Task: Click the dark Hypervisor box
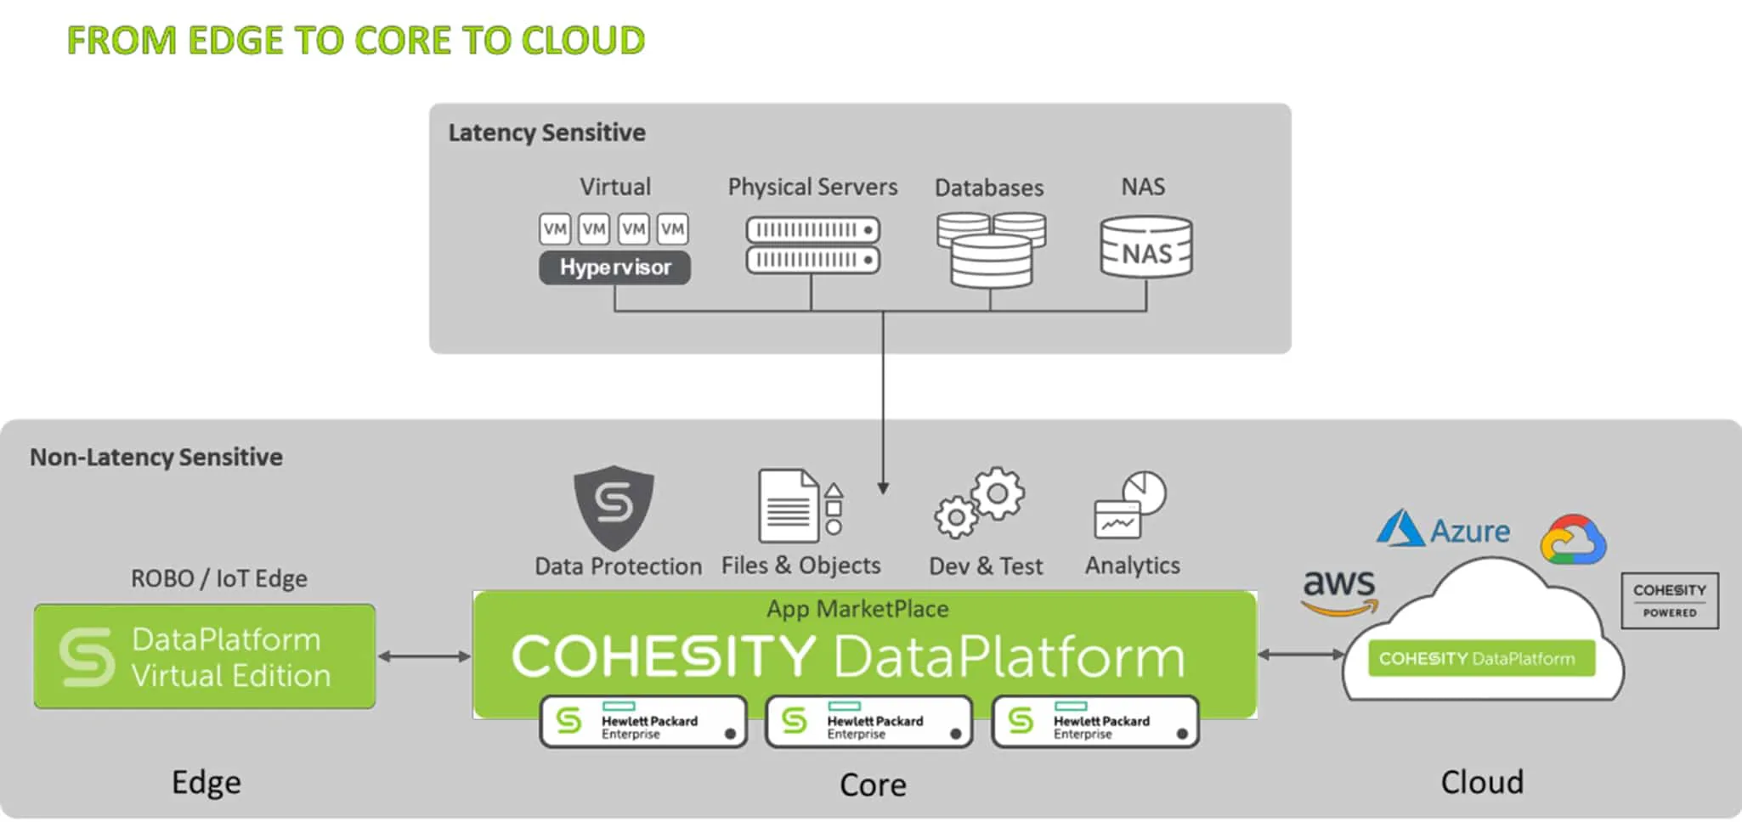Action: click(x=614, y=267)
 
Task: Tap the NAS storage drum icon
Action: click(x=1146, y=247)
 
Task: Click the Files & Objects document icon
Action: click(x=800, y=506)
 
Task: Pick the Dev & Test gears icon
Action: click(x=980, y=503)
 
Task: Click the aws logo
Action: click(x=1339, y=592)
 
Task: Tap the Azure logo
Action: click(x=1443, y=529)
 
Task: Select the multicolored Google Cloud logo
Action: click(x=1573, y=539)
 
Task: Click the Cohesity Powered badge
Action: click(x=1670, y=600)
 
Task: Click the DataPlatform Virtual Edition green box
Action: click(x=205, y=656)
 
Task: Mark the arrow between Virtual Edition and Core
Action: click(x=424, y=656)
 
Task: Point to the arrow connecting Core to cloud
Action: click(x=1301, y=654)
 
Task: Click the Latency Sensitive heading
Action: click(x=546, y=132)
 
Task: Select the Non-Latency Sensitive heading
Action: click(x=156, y=457)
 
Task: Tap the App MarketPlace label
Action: click(x=857, y=609)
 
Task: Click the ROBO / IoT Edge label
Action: click(x=219, y=578)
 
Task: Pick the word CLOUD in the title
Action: click(x=583, y=41)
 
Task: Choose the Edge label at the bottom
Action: click(x=206, y=782)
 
